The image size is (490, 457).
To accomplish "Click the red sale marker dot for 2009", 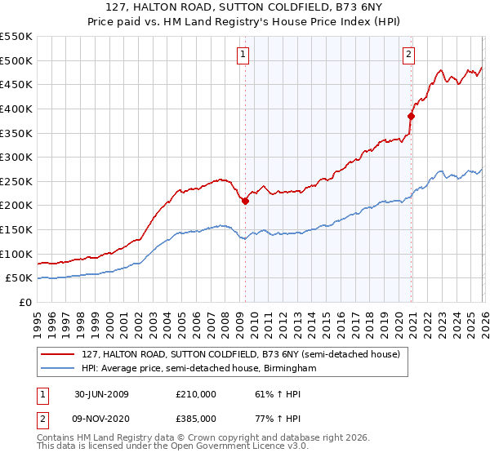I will [245, 201].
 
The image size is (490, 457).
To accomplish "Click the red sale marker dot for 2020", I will [411, 116].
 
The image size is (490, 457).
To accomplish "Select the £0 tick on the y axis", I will [26, 302].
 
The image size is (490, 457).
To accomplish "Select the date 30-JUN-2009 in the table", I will [101, 394].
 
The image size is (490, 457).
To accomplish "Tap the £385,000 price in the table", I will [196, 418].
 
